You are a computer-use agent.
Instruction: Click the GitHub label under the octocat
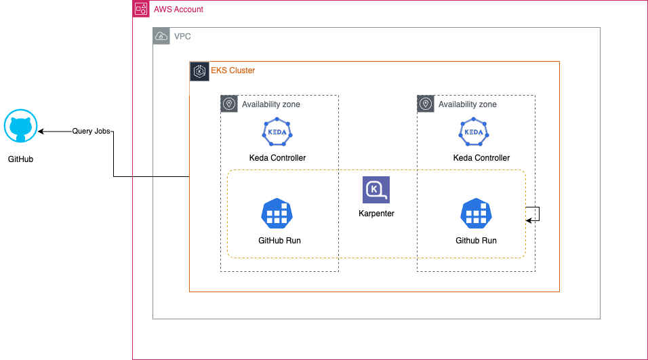[20, 160]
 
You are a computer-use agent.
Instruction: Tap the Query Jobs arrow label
[92, 132]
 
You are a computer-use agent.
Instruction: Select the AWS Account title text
[178, 9]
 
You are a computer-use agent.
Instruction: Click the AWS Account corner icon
[141, 9]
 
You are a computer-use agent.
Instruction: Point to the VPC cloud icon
[161, 36]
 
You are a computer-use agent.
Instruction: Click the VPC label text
[182, 36]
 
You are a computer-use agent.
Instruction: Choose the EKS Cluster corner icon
[199, 71]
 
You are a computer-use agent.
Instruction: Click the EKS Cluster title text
[232, 71]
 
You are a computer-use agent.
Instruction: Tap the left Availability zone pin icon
[229, 104]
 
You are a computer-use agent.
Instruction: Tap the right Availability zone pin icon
[426, 104]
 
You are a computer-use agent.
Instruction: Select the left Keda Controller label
[277, 158]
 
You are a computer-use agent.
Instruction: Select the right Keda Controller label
[481, 158]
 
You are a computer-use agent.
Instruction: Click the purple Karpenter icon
[376, 191]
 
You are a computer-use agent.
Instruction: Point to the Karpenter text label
[376, 214]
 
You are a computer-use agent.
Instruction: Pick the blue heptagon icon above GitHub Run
[277, 214]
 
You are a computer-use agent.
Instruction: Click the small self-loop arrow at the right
[534, 214]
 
